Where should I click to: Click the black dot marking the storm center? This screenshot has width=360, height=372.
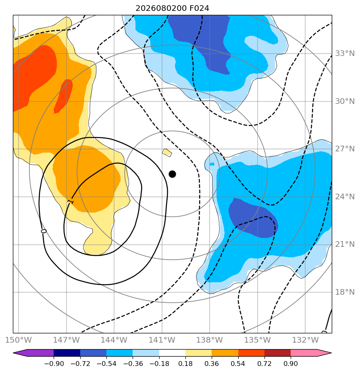point(172,174)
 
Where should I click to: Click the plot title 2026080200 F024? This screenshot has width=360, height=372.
point(172,8)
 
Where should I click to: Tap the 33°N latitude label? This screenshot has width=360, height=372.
point(345,54)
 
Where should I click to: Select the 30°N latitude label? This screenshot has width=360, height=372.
point(345,101)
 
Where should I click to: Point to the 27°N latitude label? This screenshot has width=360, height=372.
point(345,149)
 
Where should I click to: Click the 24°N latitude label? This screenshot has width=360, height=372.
point(345,197)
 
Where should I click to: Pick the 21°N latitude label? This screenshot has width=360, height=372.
point(345,244)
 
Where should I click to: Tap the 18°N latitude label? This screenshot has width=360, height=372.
point(345,292)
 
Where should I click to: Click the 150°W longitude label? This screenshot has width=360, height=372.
point(18,340)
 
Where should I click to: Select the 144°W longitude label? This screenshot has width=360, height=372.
point(114,340)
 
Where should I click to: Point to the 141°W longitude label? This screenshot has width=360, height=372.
point(162,340)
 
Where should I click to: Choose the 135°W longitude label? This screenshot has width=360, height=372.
point(258,340)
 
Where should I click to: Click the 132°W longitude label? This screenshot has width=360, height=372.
point(305,340)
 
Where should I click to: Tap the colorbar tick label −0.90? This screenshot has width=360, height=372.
point(54,364)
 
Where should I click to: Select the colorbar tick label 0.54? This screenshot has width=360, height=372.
point(238,364)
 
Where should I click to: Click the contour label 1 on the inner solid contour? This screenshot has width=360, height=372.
point(71,202)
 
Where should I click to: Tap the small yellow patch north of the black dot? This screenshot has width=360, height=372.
point(167,152)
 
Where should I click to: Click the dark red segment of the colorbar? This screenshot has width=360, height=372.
point(277,353)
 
